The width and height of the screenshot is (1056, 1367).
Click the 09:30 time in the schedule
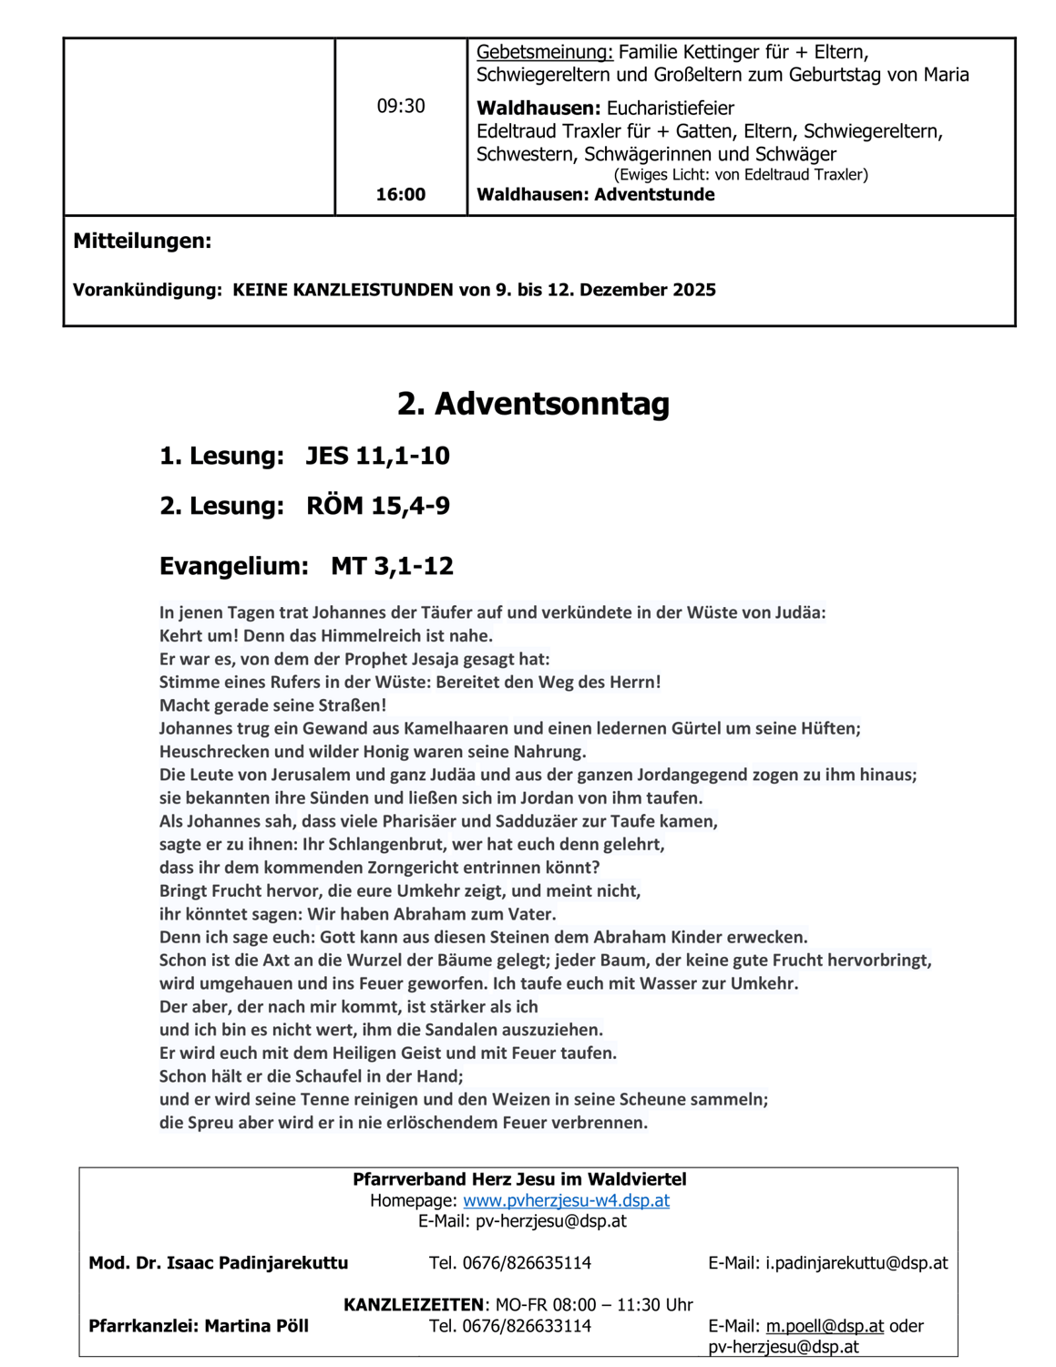pyautogui.click(x=401, y=107)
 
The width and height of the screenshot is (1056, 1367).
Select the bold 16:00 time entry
pyautogui.click(x=401, y=194)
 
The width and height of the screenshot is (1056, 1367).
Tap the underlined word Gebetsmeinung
pyautogui.click(x=544, y=52)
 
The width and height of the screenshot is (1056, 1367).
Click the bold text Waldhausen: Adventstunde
pyautogui.click(x=595, y=194)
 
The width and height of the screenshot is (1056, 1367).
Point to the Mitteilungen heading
pyautogui.click(x=142, y=242)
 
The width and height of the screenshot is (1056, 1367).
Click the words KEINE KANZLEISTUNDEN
pyautogui.click(x=343, y=290)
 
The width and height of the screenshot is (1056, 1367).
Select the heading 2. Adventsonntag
pyautogui.click(x=533, y=403)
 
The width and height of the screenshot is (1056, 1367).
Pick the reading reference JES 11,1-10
pyautogui.click(x=377, y=456)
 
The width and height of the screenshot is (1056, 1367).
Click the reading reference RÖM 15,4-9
pyautogui.click(x=377, y=506)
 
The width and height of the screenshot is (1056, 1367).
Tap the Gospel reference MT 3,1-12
pyautogui.click(x=392, y=566)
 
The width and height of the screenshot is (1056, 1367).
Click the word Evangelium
pyautogui.click(x=233, y=566)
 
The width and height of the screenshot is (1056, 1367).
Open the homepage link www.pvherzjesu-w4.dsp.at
pyautogui.click(x=566, y=1200)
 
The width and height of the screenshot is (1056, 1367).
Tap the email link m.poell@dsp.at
pyautogui.click(x=825, y=1326)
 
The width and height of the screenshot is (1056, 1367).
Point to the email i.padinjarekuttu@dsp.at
pyautogui.click(x=856, y=1263)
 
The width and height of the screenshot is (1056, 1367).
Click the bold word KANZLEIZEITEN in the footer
pyautogui.click(x=413, y=1305)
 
